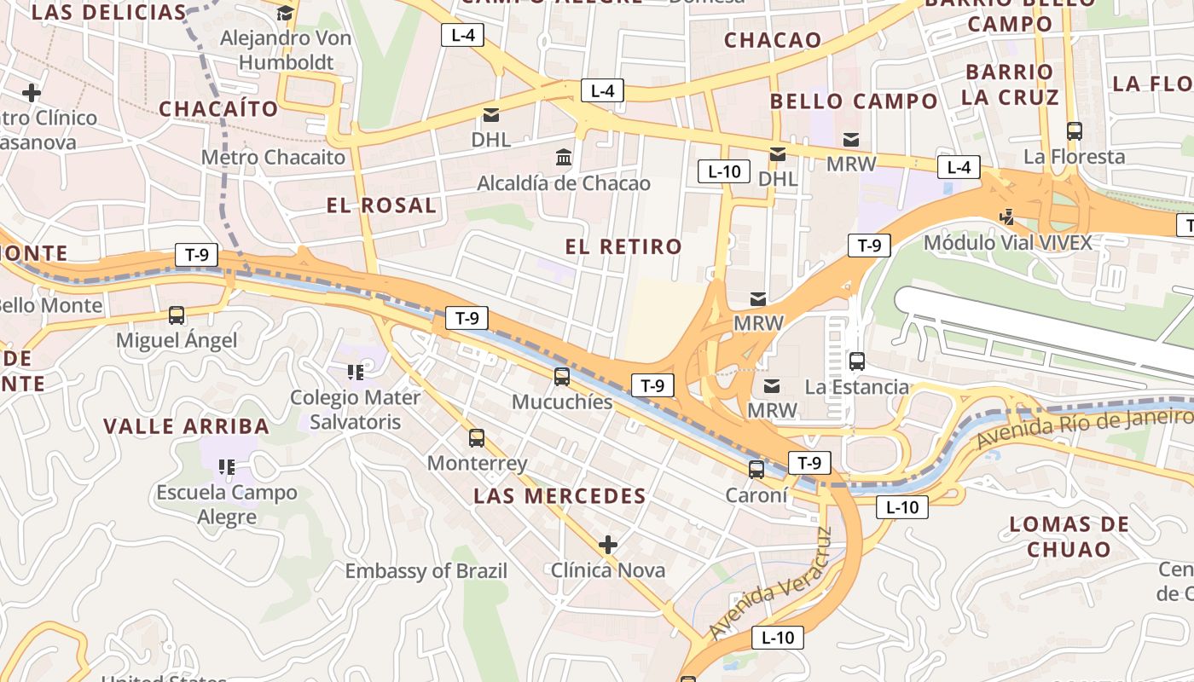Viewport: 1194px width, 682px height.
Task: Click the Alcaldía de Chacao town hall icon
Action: [564, 158]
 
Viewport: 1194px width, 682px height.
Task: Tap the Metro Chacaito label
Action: [273, 158]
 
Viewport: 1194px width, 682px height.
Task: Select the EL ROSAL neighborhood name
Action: [381, 205]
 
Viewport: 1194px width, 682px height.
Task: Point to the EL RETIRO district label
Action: [623, 247]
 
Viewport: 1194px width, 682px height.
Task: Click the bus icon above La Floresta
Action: [1074, 131]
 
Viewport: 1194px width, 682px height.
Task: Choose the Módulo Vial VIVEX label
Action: [1007, 243]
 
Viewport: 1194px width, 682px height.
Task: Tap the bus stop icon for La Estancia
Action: [857, 361]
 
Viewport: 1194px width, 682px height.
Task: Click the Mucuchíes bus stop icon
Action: [561, 376]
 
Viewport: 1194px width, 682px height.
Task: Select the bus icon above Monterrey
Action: [476, 438]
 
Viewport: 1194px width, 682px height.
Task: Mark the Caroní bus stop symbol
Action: [756, 469]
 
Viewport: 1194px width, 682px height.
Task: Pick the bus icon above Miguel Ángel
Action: [176, 315]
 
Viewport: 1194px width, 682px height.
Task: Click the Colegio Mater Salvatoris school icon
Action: [356, 372]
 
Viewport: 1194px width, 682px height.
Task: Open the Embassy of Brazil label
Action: [426, 571]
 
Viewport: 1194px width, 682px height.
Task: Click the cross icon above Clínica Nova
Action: [607, 544]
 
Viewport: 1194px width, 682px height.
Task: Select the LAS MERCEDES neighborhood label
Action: [559, 496]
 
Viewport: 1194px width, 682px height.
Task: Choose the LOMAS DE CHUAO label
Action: [1069, 536]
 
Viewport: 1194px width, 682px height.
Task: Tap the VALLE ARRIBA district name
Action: [186, 426]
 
